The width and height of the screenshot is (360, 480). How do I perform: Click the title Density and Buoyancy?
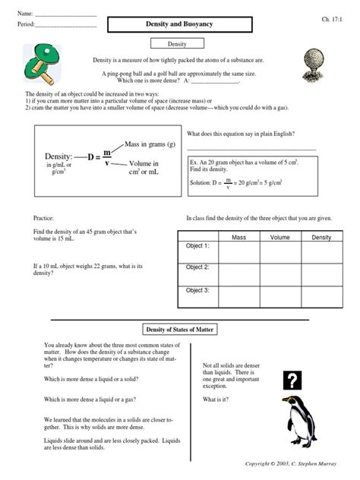[x=179, y=25]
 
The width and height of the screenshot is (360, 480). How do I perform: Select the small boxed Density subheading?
[x=179, y=46]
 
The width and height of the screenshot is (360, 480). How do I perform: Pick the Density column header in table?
[x=321, y=237]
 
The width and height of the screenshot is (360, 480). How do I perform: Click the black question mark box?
[x=292, y=381]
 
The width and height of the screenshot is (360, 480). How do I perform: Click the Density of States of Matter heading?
[x=179, y=329]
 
